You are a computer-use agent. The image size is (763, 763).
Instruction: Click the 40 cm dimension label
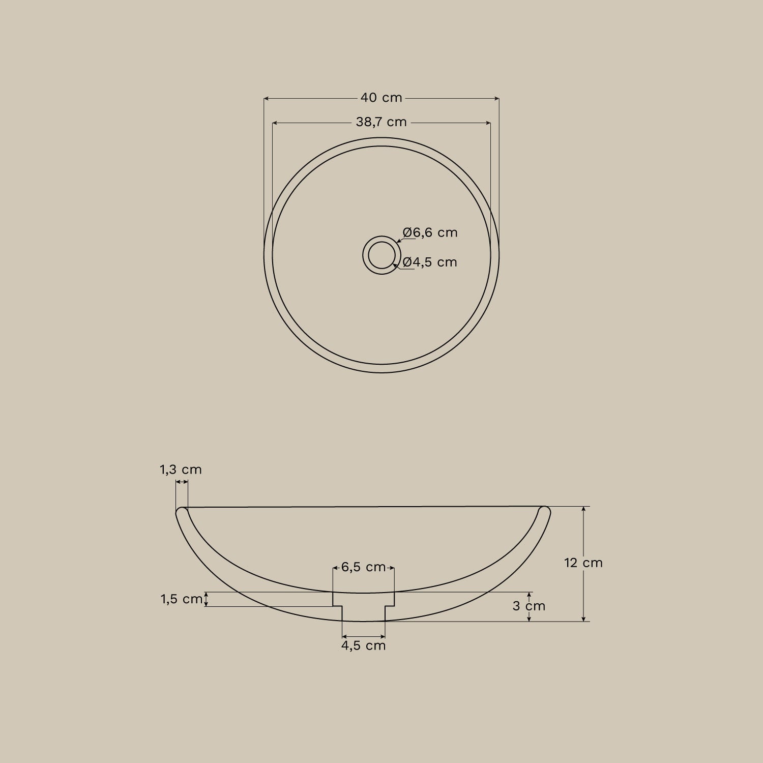point(382,98)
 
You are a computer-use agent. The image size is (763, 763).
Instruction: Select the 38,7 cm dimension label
point(382,122)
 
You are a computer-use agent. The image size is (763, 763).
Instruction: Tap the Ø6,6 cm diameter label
point(430,232)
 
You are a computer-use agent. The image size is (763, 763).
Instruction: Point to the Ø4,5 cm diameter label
point(430,262)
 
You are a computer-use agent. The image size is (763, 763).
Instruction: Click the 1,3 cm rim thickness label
point(181,469)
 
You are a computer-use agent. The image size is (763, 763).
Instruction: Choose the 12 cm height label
point(583,563)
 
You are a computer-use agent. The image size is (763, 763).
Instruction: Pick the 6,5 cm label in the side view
point(364,567)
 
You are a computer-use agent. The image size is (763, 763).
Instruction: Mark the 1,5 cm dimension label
point(182,599)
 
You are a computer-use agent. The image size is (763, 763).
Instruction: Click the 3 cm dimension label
point(529,606)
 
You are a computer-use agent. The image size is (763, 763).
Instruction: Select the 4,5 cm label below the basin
point(364,645)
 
